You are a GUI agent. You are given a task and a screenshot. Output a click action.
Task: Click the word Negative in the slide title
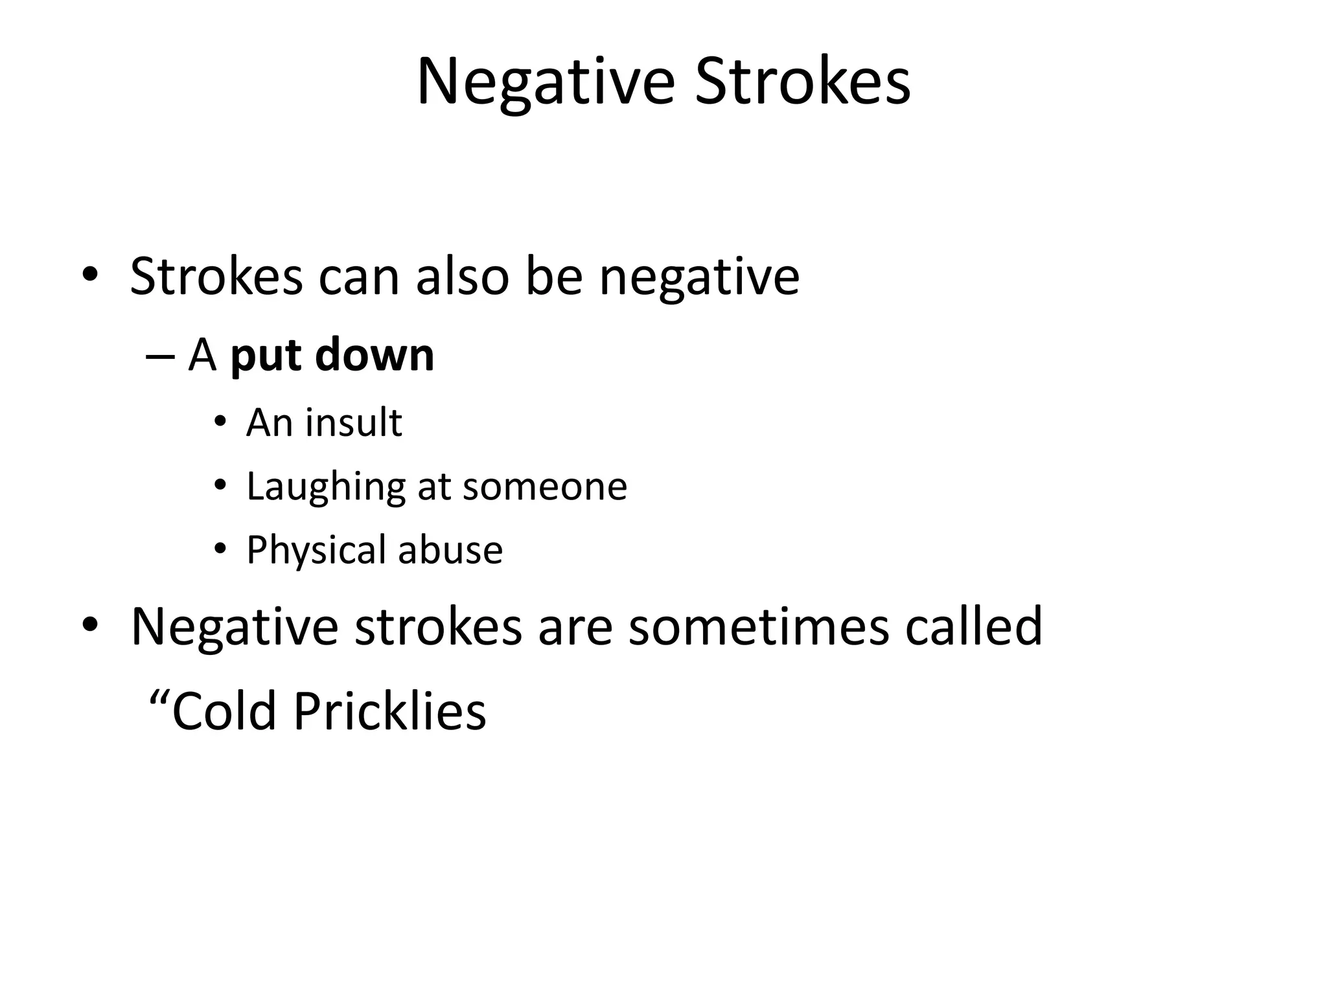pyautogui.click(x=546, y=83)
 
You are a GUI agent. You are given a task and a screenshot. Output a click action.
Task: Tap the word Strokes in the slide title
pyautogui.click(x=803, y=83)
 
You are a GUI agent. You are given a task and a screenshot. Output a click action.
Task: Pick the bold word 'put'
pyautogui.click(x=267, y=356)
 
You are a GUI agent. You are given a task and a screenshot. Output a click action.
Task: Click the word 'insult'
pyautogui.click(x=353, y=422)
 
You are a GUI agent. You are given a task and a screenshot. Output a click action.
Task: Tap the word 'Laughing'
pyautogui.click(x=326, y=487)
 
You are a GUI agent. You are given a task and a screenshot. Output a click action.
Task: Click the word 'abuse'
pyautogui.click(x=450, y=551)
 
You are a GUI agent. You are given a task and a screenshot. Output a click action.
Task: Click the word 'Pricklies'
pyautogui.click(x=389, y=711)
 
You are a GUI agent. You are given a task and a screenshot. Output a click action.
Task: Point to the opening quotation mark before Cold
pyautogui.click(x=159, y=700)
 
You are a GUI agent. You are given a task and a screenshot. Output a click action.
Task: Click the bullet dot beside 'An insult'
pyautogui.click(x=220, y=422)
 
